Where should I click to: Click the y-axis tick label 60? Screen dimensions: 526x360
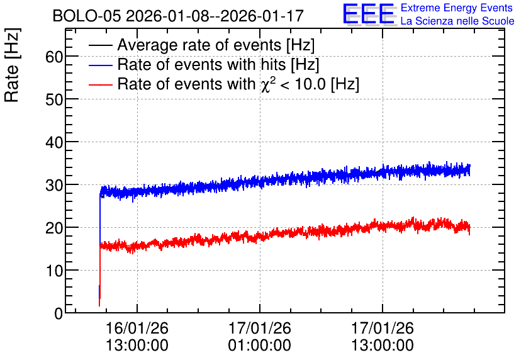54,57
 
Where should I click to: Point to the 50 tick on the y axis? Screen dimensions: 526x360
54,99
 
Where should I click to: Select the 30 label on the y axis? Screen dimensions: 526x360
54,185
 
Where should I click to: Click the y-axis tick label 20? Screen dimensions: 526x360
54,228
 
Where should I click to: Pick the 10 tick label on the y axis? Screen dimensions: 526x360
54,271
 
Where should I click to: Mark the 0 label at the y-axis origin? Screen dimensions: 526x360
59,313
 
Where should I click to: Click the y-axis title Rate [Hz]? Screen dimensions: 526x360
12,65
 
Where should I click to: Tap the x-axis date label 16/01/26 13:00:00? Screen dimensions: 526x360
137,337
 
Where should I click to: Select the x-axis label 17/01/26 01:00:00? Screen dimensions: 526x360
260,337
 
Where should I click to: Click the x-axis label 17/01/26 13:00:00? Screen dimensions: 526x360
383,337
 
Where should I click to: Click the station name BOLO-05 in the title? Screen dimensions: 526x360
87,16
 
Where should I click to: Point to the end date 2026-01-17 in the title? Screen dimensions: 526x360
262,16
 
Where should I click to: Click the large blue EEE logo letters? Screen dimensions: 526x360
369,14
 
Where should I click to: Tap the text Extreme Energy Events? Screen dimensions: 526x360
457,8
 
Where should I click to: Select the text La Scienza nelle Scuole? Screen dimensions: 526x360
457,21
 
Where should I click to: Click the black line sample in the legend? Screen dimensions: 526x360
100,45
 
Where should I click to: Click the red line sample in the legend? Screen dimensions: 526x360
100,84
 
